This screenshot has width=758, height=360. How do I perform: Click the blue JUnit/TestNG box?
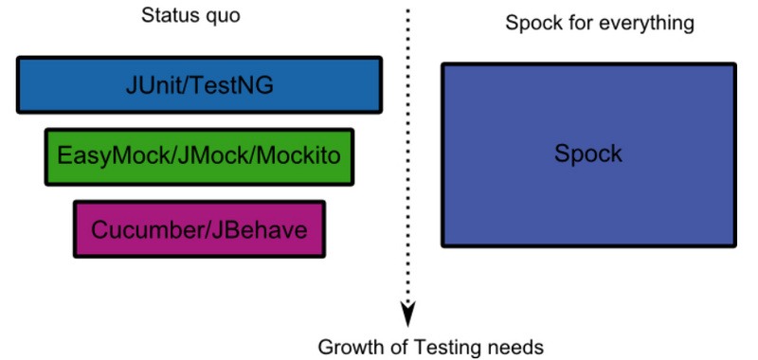coord(199,85)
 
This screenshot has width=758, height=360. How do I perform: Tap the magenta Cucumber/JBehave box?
coord(199,228)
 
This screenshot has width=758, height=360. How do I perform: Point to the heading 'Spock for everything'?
coord(599,21)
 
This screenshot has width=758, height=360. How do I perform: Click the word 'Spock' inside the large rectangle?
coord(588,153)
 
